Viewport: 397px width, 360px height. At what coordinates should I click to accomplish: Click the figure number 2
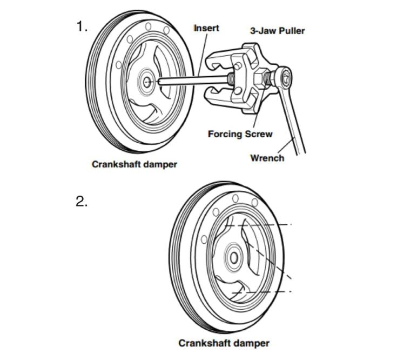(81, 202)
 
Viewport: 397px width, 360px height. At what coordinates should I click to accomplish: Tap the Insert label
(206, 28)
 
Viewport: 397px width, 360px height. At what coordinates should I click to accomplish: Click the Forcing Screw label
(240, 134)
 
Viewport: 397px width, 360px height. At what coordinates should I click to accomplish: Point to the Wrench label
(267, 158)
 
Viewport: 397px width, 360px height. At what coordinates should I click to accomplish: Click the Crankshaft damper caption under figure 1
(134, 164)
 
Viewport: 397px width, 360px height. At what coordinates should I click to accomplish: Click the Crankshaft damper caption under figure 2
(224, 343)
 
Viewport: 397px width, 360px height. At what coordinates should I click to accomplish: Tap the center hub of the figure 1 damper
(146, 82)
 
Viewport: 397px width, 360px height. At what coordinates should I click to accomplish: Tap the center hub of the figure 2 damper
(234, 257)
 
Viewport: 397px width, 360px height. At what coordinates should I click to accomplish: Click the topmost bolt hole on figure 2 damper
(235, 199)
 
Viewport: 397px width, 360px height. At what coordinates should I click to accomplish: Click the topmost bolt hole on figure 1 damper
(147, 26)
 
